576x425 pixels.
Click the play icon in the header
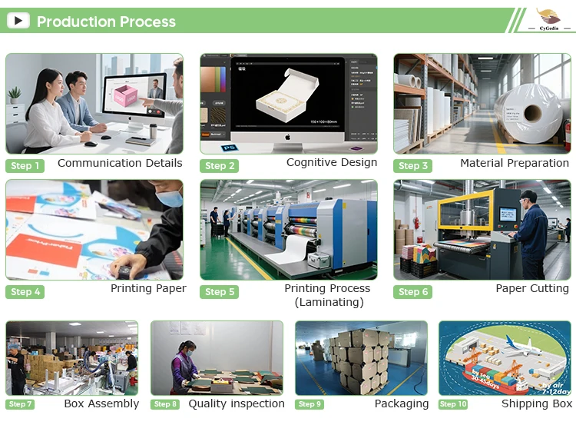(18, 21)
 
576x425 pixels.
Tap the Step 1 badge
(25, 166)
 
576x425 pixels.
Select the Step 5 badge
(220, 292)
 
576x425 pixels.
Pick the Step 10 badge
(453, 404)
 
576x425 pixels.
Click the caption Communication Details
(120, 163)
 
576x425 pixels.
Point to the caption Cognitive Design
(332, 162)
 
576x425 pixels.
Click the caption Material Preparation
(515, 163)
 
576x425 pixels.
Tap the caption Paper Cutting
(532, 289)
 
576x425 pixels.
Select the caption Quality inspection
(237, 403)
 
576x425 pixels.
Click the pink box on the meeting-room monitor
(125, 97)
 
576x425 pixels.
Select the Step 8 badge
(165, 404)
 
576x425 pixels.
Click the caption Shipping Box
(537, 403)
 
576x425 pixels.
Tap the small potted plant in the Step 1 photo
(15, 95)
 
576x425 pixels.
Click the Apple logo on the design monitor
(288, 138)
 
